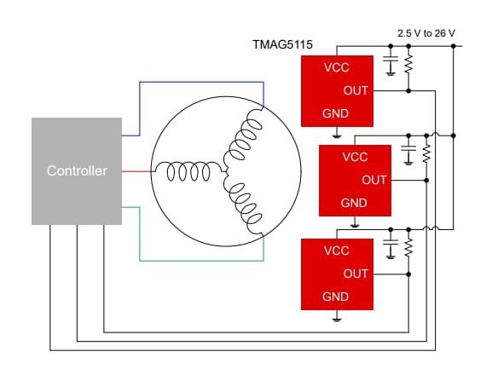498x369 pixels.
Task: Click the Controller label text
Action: pos(77,171)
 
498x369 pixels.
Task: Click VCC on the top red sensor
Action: pos(336,67)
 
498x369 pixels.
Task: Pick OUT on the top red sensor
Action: pos(356,90)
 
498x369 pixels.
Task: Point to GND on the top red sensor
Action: pos(336,112)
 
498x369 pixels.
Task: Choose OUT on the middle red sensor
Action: pos(373,180)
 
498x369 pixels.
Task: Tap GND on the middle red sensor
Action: pos(354,203)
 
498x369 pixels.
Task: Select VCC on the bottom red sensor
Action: pos(336,251)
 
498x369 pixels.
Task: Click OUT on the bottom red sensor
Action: pos(356,274)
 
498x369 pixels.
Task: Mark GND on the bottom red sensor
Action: pos(336,297)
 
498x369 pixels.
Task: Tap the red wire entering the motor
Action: pos(136,171)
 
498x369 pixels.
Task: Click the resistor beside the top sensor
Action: pos(408,65)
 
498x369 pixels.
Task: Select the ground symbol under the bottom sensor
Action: pos(337,319)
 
